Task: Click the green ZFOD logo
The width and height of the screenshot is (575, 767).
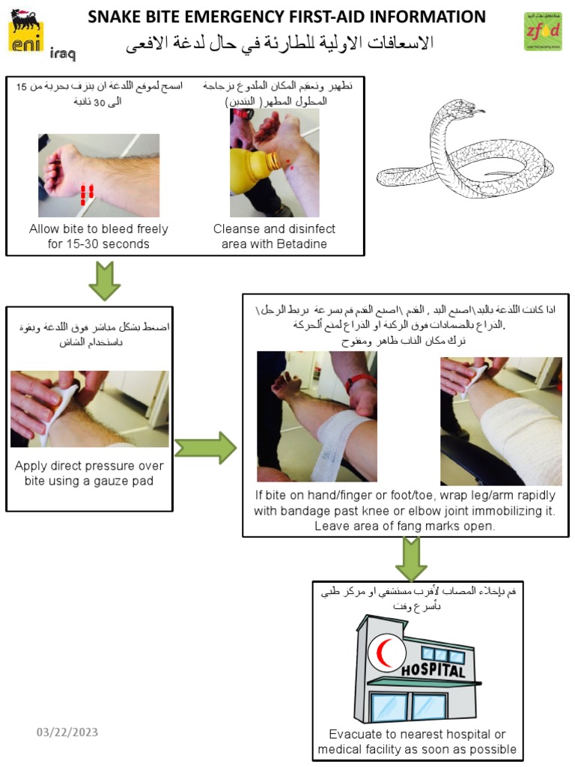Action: [543, 31]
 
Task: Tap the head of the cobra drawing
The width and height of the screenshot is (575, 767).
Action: [465, 111]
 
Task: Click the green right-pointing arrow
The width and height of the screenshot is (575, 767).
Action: [204, 448]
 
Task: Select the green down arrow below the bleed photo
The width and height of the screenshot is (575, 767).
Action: [105, 281]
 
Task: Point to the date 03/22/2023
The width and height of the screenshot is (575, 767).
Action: [67, 732]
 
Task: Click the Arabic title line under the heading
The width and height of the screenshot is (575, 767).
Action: [281, 43]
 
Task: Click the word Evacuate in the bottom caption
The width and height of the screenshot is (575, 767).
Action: [356, 734]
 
